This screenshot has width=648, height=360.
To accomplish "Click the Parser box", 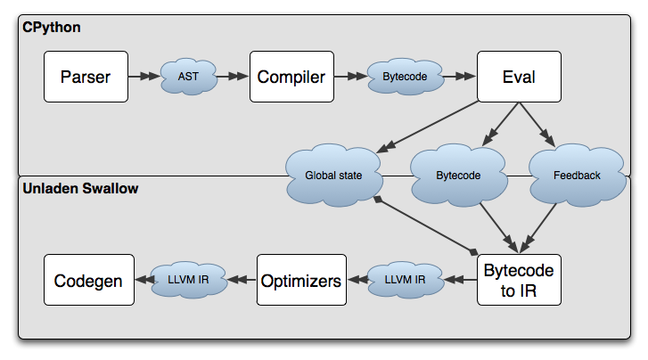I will pyautogui.click(x=86, y=77).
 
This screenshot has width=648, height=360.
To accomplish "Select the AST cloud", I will pyautogui.click(x=188, y=77).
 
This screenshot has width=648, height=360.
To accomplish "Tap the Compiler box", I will pyautogui.click(x=291, y=77).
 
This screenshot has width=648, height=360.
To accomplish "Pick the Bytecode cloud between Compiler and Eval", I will pyautogui.click(x=405, y=77).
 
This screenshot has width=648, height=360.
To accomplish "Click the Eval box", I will pyautogui.click(x=519, y=77).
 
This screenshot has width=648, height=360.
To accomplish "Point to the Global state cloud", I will pyautogui.click(x=333, y=176).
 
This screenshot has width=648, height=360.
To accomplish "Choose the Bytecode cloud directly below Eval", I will pyautogui.click(x=458, y=176).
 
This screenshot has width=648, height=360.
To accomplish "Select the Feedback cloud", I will pyautogui.click(x=576, y=176).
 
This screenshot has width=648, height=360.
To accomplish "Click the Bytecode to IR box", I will pyautogui.click(x=518, y=280).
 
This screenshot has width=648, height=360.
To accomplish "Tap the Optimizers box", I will pyautogui.click(x=300, y=281).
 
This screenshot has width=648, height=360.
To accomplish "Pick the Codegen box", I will pyautogui.click(x=88, y=281).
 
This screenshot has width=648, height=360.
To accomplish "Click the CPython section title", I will pyautogui.click(x=52, y=28).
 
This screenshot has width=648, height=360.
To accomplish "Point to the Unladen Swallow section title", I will pyautogui.click(x=80, y=189).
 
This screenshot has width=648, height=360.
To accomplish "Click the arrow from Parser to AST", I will pyautogui.click(x=143, y=77).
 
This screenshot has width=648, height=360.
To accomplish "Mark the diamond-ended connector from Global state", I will pyautogui.click(x=426, y=225).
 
